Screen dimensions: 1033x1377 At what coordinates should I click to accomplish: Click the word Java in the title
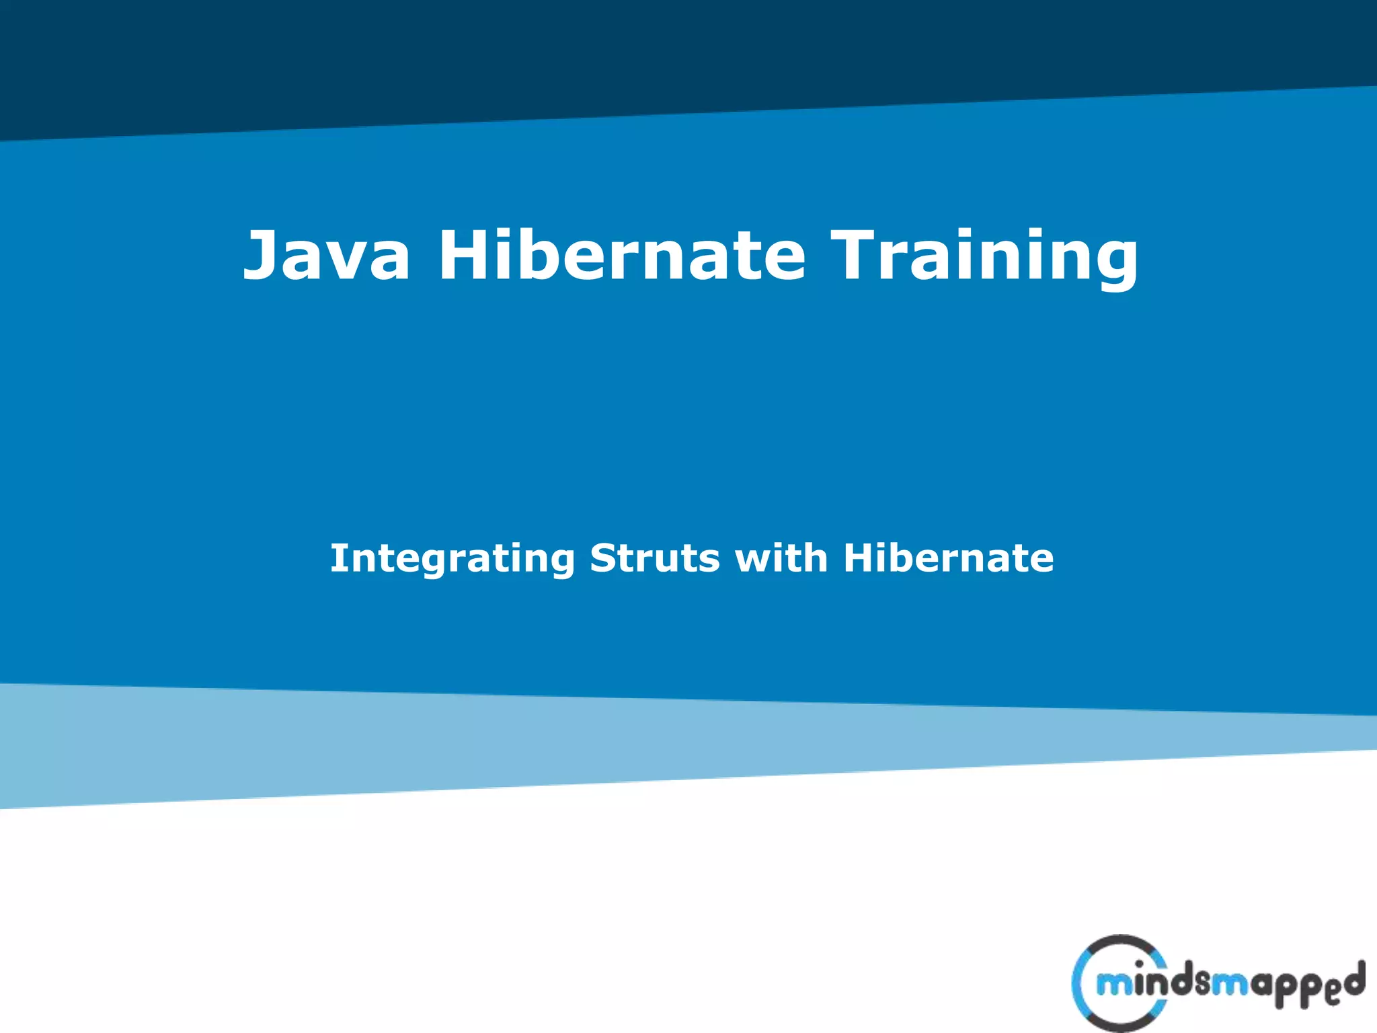point(327,256)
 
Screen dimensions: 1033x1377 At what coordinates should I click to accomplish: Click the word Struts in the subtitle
point(655,558)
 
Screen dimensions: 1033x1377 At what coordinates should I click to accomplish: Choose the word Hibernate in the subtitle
point(949,558)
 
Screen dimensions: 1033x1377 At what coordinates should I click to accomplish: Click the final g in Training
point(1113,262)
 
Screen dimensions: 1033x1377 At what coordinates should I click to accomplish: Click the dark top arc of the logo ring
point(1119,942)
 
